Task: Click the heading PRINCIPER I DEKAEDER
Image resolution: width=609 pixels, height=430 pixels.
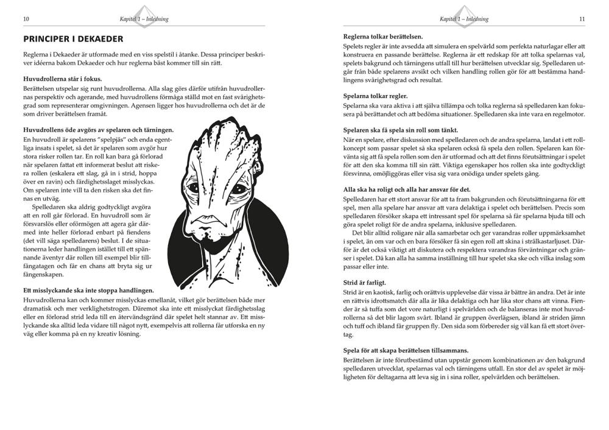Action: tap(73, 39)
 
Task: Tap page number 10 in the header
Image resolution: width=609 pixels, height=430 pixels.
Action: tap(26, 19)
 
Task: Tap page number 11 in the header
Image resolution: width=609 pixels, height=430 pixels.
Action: tap(582, 19)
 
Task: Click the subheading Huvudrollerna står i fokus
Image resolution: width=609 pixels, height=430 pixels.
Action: tap(62, 79)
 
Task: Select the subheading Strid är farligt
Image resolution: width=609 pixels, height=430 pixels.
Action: tap(365, 283)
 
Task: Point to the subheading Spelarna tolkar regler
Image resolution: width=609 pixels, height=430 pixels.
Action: tap(376, 96)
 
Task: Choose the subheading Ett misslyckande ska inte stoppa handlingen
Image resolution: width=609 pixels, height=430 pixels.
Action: tap(88, 291)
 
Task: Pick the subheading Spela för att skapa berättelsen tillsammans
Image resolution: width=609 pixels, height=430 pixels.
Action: tap(406, 350)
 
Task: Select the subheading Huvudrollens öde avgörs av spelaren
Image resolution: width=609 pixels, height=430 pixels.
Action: tap(98, 130)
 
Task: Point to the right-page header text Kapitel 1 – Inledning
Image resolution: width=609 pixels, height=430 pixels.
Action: tap(464, 19)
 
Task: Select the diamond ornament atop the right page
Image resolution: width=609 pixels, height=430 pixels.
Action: tap(464, 11)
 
